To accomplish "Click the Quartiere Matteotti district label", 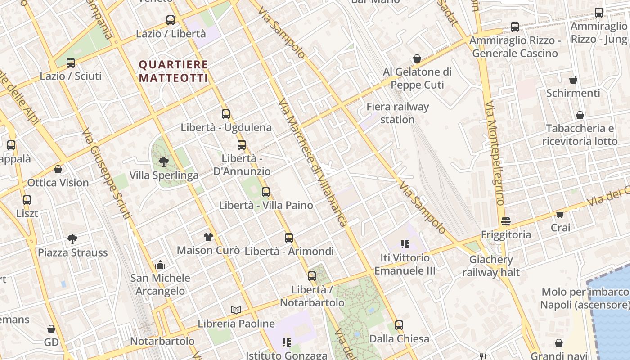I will [173, 72].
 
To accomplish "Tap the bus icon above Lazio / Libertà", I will [171, 20].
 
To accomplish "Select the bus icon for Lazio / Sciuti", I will [71, 63].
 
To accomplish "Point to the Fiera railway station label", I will [397, 113].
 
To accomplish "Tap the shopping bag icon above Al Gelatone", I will [417, 59].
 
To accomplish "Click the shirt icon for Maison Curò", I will [208, 237].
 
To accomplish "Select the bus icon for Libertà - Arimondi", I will [289, 238].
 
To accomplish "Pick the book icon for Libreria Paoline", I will [236, 310].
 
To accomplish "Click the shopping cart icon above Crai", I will [560, 214].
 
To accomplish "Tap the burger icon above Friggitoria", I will [506, 221].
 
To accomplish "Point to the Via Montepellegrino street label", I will [494, 153].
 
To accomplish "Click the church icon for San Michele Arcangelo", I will [160, 265].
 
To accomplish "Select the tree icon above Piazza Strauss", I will [72, 239].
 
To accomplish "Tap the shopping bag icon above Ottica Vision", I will [58, 169].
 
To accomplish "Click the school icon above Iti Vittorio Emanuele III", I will [405, 244].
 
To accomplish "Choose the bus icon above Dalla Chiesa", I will [399, 325].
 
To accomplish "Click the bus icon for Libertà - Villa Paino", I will [266, 192].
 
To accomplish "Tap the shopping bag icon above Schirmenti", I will [573, 80].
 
